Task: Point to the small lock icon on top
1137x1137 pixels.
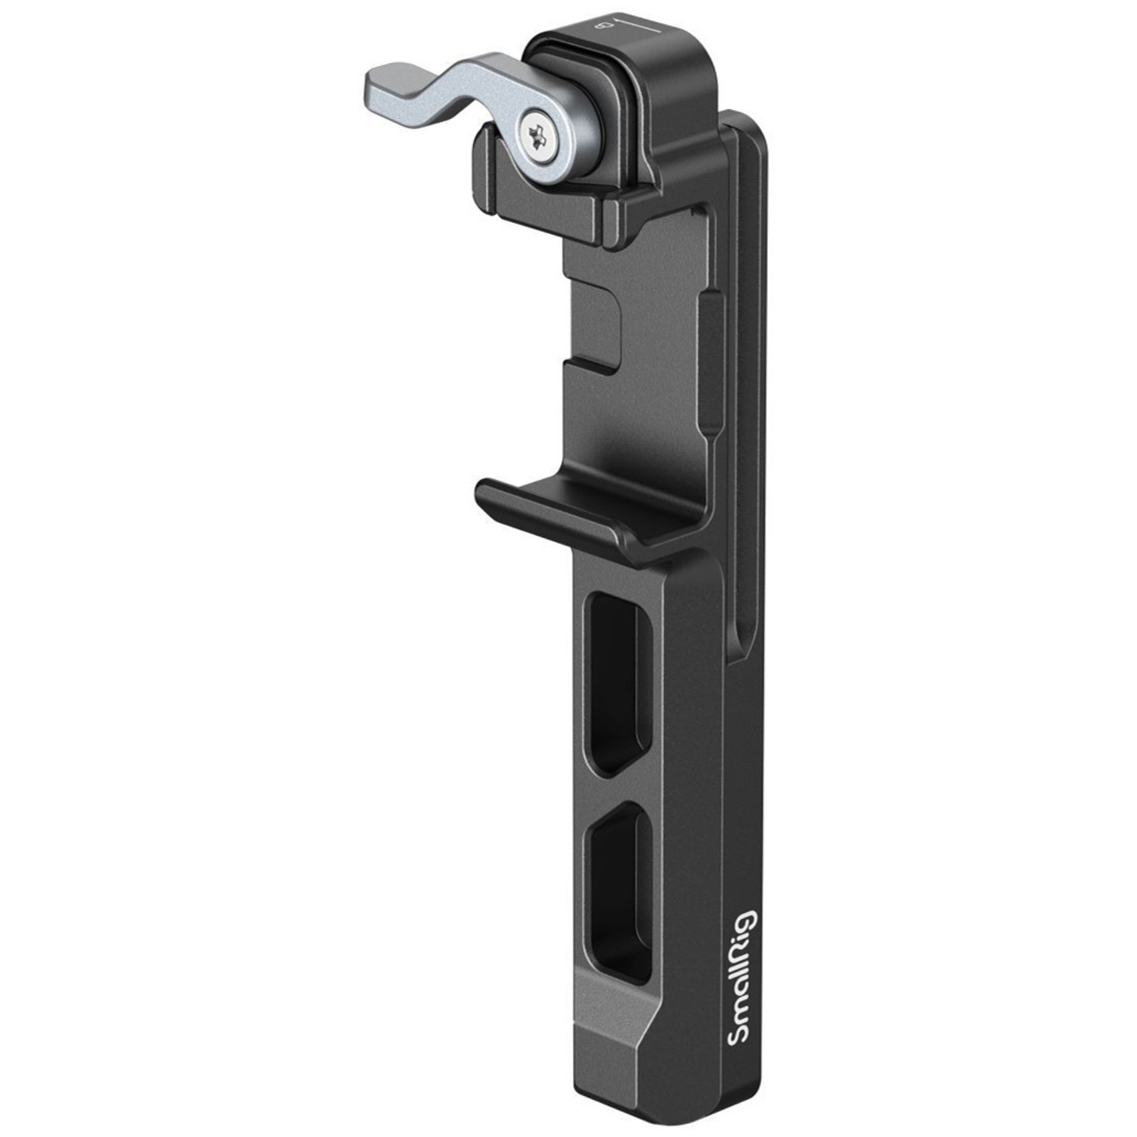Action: (x=604, y=27)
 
